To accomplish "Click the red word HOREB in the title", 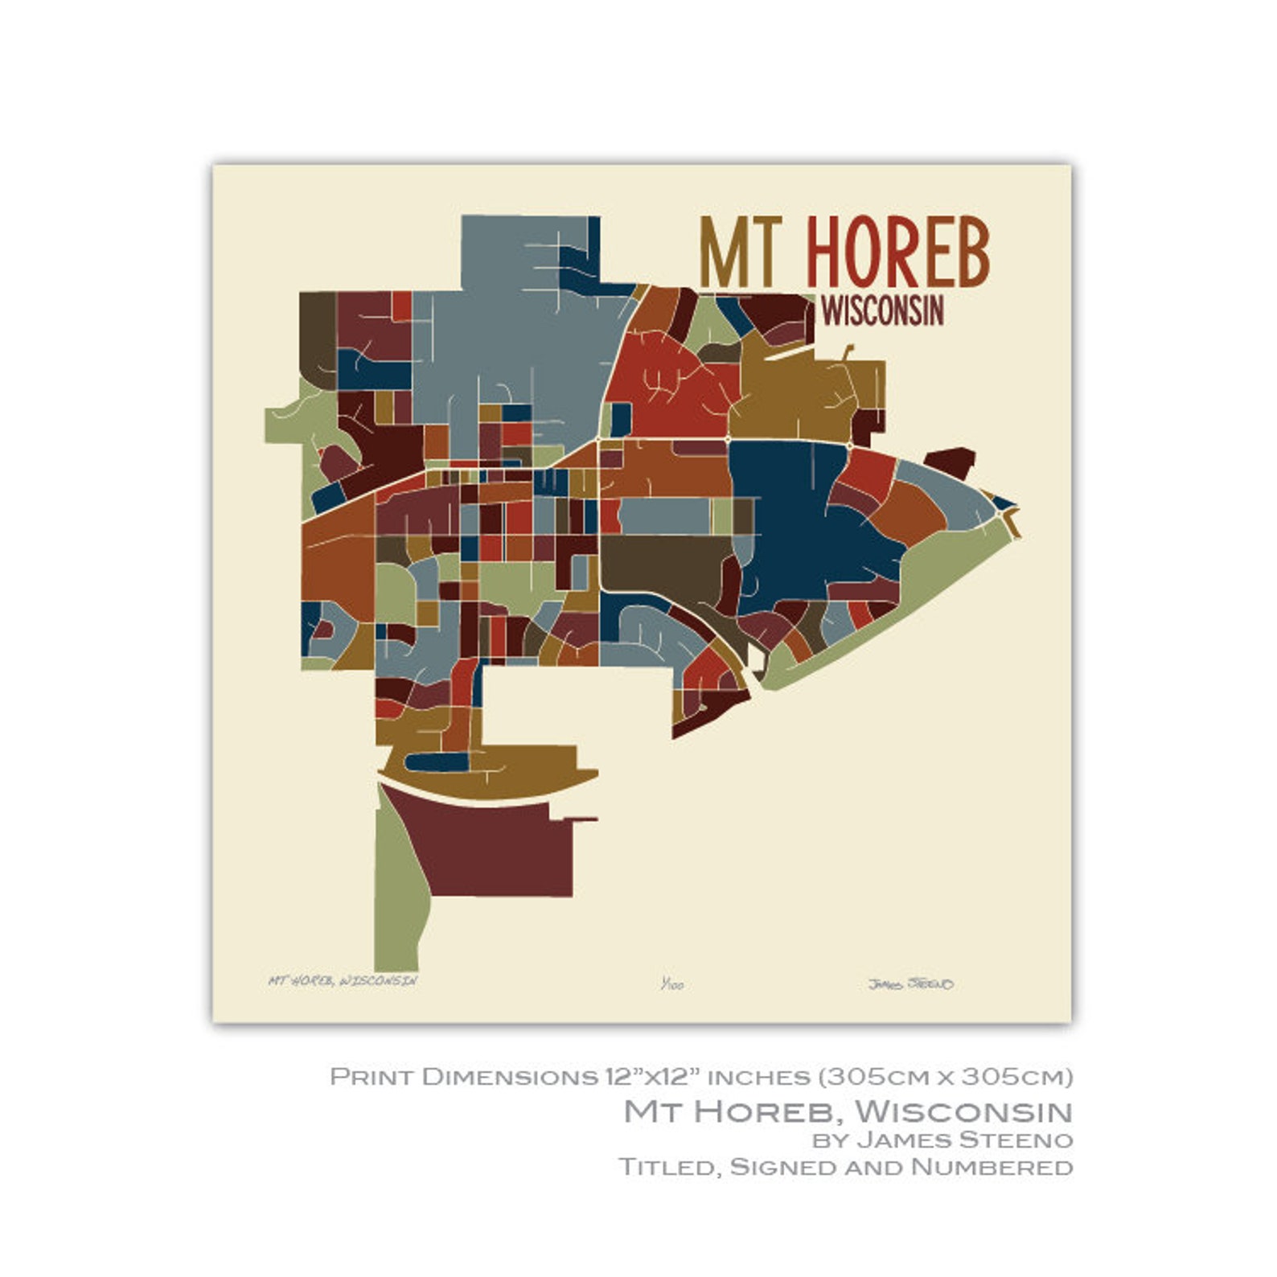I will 897,253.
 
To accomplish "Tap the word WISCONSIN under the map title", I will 882,311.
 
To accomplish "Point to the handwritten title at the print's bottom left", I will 343,980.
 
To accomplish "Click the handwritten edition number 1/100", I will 671,983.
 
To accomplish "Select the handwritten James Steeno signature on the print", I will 910,983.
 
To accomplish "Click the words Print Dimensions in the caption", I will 463,1076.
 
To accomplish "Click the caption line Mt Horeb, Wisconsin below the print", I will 848,1111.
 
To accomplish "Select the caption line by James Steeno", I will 942,1139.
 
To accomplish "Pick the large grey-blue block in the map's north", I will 515,338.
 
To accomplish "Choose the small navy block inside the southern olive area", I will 438,762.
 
